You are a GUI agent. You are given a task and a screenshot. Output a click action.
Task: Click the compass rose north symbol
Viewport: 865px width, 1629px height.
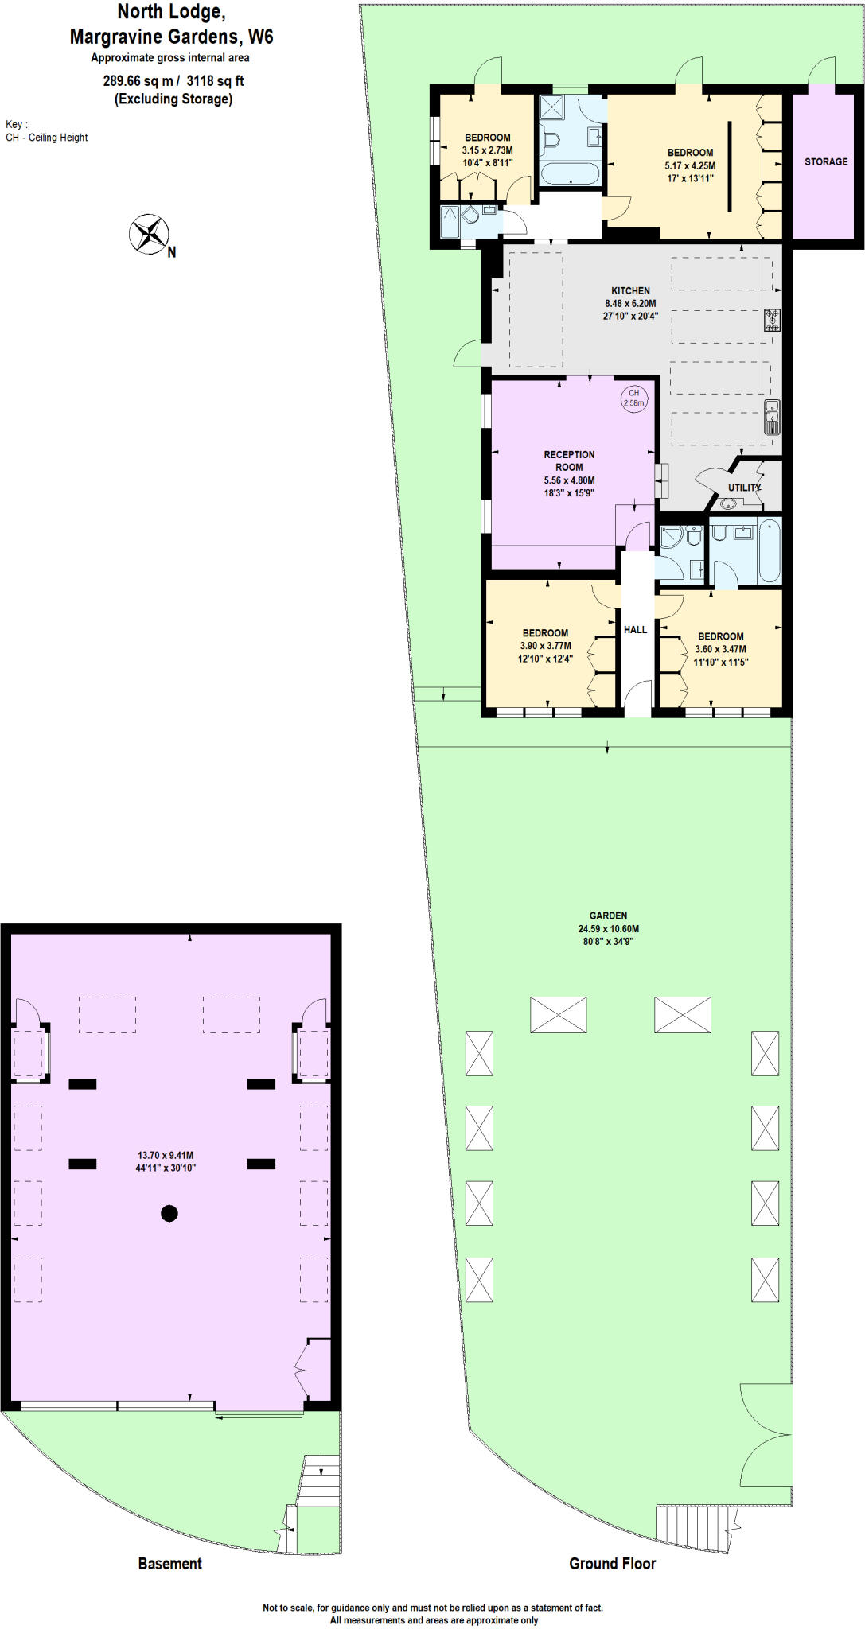[150, 235]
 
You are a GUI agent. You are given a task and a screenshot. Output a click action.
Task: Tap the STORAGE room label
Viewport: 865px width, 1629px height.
[826, 161]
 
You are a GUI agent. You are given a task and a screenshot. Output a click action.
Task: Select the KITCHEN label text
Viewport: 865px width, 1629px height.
[630, 290]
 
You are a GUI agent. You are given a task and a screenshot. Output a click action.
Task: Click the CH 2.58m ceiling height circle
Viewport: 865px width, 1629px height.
[634, 398]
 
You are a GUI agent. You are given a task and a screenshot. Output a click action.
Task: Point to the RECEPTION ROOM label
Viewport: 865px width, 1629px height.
[569, 461]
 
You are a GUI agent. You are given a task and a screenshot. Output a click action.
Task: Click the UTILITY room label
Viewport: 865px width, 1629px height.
[744, 488]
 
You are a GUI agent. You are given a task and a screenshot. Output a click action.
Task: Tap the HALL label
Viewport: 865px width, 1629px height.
[635, 629]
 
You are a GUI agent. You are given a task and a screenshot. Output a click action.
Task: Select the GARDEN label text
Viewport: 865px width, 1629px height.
[608, 916]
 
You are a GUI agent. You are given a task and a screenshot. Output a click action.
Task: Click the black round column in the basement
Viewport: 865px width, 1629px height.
[169, 1213]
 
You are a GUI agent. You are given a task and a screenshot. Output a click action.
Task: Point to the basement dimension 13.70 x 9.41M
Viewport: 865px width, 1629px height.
[166, 1155]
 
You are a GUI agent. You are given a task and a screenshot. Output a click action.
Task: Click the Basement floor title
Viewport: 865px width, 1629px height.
[169, 1563]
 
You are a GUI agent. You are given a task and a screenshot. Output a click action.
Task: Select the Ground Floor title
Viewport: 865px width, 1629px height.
[612, 1563]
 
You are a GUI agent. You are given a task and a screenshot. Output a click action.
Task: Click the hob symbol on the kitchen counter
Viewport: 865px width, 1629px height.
[772, 320]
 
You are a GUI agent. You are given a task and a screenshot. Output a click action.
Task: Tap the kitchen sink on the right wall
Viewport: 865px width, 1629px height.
[772, 418]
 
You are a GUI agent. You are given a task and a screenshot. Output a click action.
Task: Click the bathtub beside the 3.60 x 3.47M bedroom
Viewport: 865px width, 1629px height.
[770, 550]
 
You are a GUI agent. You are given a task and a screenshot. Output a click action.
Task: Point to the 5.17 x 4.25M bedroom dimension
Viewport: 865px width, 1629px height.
[690, 165]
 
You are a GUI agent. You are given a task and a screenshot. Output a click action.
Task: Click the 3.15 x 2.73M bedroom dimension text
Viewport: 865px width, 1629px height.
[487, 150]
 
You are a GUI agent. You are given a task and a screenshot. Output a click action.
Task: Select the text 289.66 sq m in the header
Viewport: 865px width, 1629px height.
[138, 80]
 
